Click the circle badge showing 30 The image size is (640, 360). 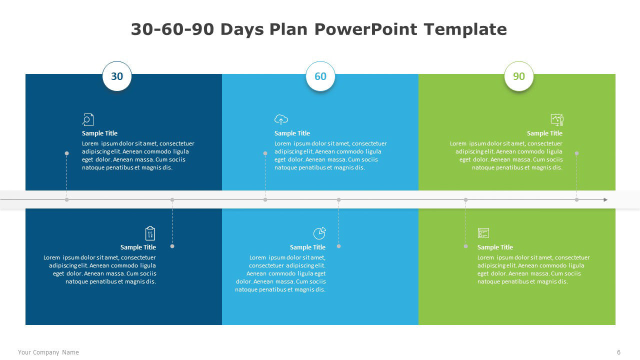(x=117, y=76)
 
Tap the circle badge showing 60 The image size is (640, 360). (x=320, y=76)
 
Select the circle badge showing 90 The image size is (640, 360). (x=519, y=76)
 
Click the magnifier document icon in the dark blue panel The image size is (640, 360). (x=87, y=119)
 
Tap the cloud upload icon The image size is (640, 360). (x=281, y=119)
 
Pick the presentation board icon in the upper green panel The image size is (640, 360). (x=557, y=119)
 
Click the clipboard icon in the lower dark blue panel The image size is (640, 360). (x=150, y=233)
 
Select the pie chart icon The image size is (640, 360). (x=319, y=233)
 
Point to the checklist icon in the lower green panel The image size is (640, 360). (x=483, y=233)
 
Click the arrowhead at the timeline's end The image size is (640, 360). (x=605, y=199)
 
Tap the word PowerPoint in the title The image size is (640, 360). (x=365, y=29)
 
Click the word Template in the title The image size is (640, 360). (x=465, y=29)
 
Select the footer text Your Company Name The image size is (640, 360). (x=48, y=352)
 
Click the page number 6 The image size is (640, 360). (x=618, y=352)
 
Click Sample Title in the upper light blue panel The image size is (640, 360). (x=292, y=133)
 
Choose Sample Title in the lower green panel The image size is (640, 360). (x=495, y=247)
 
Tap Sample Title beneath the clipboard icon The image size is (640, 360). (x=138, y=247)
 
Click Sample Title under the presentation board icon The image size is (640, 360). (x=544, y=133)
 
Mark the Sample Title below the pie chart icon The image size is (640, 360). (x=307, y=247)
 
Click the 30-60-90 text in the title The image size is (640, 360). (x=172, y=29)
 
